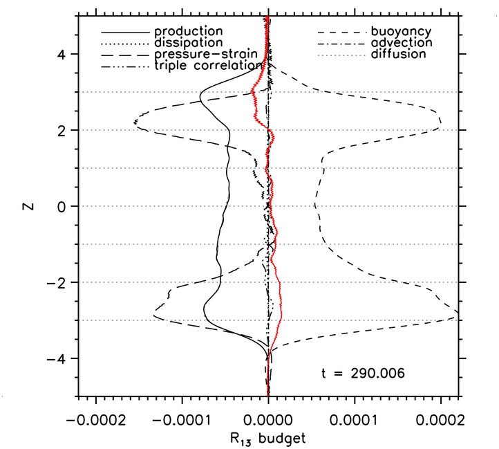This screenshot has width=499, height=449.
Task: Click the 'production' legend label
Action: pyautogui.click(x=188, y=32)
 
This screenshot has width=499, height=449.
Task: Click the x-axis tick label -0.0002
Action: pyautogui.click(x=95, y=420)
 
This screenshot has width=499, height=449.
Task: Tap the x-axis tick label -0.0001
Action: pyautogui.click(x=182, y=420)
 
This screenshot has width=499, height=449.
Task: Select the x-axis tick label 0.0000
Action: pyautogui.click(x=268, y=420)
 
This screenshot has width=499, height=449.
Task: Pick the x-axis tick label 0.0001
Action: pyautogui.click(x=355, y=420)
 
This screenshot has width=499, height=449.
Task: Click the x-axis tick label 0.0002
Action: pyautogui.click(x=441, y=420)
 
